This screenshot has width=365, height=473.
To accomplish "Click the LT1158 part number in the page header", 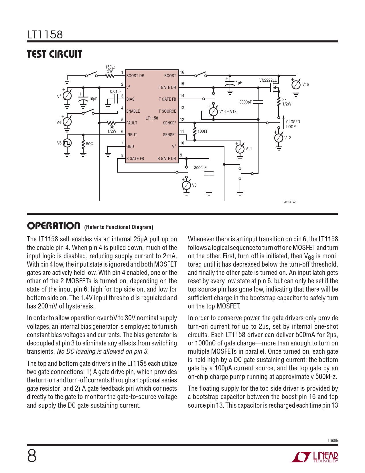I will click(x=45, y=35).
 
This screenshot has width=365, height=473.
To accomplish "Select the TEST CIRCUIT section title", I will click(x=54, y=54).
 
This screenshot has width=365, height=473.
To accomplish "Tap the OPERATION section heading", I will click(x=54, y=226).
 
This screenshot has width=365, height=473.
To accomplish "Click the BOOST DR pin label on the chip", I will click(x=135, y=76).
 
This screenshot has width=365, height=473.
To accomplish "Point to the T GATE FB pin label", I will click(x=167, y=99).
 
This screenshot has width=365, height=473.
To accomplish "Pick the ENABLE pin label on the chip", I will click(x=133, y=111).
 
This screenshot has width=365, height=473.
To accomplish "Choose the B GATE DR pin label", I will click(x=167, y=159).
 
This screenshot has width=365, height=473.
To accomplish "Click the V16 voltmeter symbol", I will click(x=296, y=85).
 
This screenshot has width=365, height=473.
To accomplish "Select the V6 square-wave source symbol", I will click(x=67, y=143).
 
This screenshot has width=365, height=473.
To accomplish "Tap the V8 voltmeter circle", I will click(x=186, y=185).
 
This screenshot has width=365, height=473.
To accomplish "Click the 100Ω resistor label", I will click(x=202, y=131).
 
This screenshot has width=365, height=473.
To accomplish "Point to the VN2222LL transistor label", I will click(x=268, y=80).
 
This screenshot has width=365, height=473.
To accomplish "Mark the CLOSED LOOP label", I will click(x=293, y=124).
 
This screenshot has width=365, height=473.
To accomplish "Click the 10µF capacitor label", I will click(x=93, y=99).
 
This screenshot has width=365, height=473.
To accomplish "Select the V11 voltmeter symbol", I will click(x=240, y=149).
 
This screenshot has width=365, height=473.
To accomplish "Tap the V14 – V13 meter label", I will click(x=228, y=112).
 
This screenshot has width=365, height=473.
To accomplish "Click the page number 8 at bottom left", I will click(x=32, y=456).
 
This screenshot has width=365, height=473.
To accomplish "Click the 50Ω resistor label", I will click(x=90, y=144).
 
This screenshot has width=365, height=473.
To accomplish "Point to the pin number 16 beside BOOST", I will click(x=182, y=72).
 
